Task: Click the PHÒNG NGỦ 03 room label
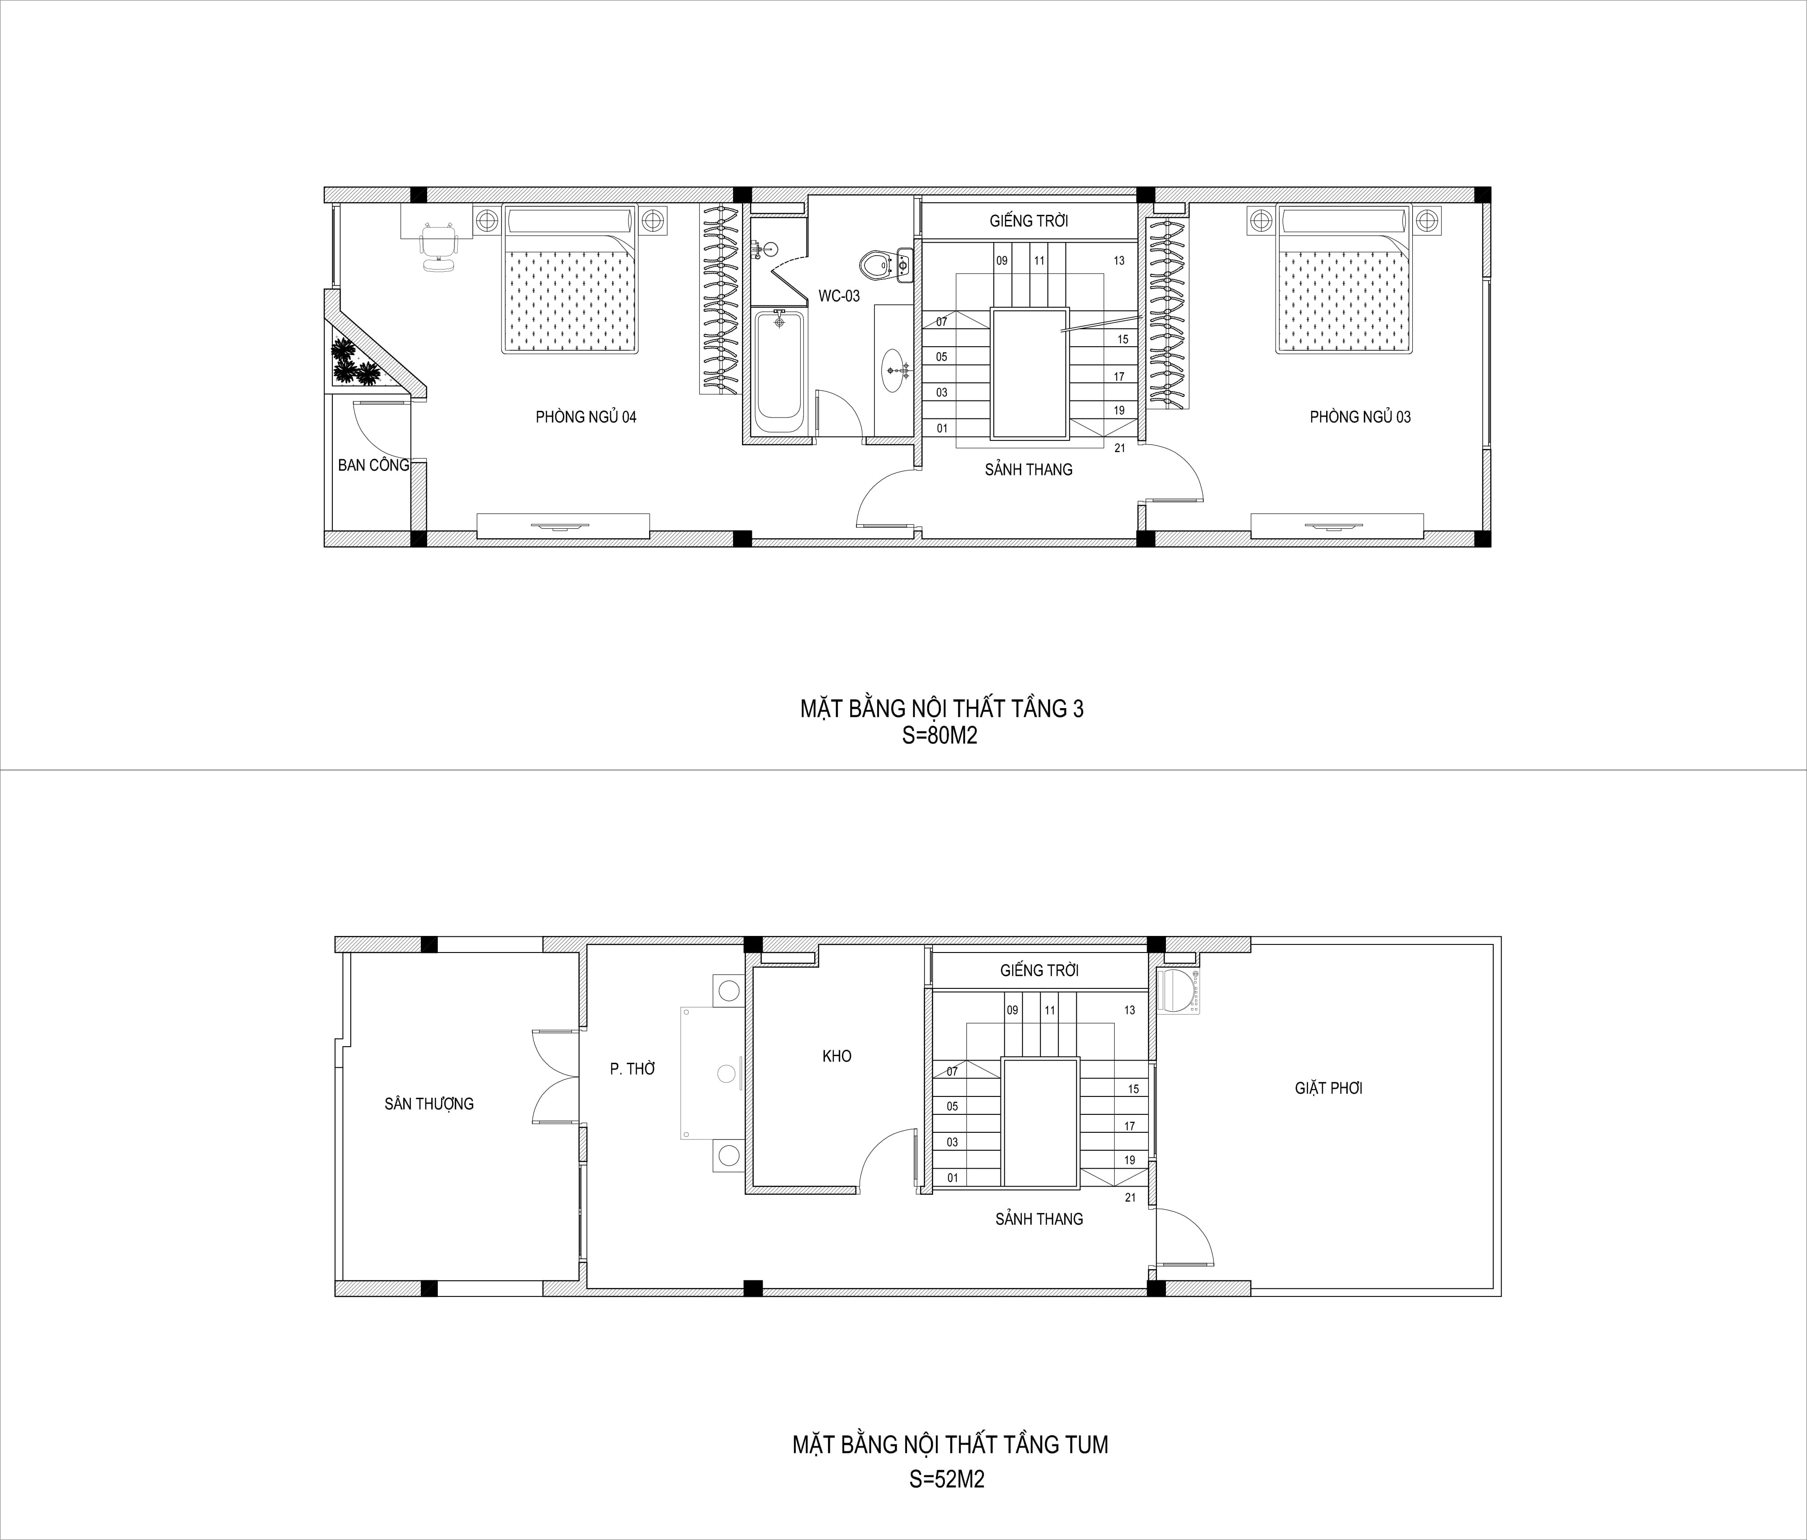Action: tap(1360, 417)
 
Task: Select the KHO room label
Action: tap(836, 1056)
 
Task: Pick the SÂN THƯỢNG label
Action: tap(429, 1104)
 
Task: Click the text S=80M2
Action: tap(940, 736)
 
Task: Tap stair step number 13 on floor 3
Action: tap(1119, 261)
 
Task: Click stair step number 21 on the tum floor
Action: tap(1130, 1198)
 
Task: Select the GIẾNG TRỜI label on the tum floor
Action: tap(1039, 970)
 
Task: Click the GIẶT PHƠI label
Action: tap(1328, 1088)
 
